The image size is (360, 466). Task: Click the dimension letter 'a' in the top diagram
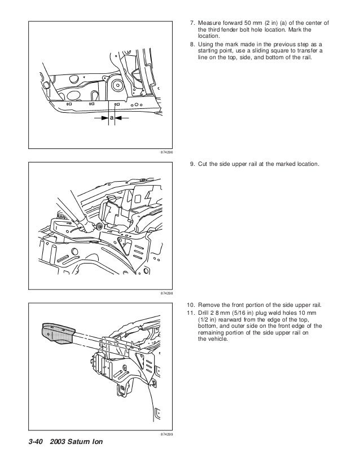(111, 118)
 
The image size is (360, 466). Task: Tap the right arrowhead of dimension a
(118, 118)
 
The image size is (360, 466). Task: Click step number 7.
(192, 23)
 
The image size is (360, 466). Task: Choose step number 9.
(192, 164)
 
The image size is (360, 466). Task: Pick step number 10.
(191, 305)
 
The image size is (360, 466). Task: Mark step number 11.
(191, 313)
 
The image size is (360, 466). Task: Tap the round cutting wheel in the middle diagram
(100, 226)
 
